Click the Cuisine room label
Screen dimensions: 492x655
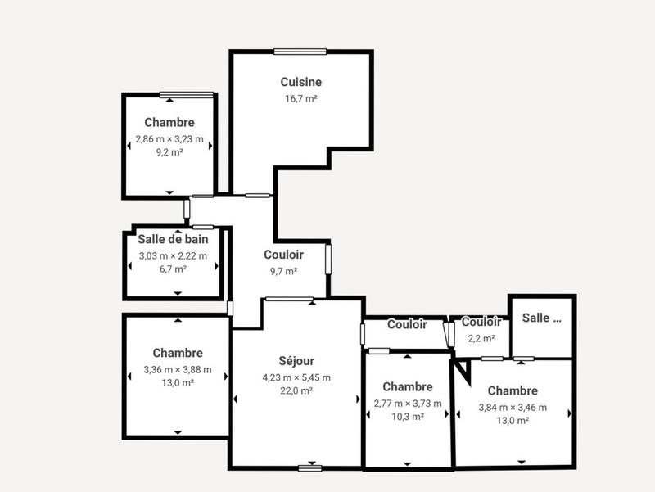[300, 82]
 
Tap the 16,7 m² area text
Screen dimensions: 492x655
[300, 98]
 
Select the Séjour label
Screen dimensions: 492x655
[296, 361]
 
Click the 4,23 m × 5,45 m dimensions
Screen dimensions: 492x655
[296, 377]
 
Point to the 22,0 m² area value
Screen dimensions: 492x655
[296, 391]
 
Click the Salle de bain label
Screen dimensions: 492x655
[173, 240]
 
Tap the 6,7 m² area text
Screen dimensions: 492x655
[173, 269]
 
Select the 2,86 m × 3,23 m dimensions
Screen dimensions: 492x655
[169, 139]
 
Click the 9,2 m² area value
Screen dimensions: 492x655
[169, 152]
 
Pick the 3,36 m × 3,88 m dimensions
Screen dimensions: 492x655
[178, 369]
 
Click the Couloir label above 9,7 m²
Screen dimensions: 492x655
[284, 255]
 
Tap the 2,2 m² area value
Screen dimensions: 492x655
[481, 338]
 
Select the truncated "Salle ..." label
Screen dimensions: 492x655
[542, 318]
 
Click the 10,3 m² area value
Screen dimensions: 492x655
[407, 417]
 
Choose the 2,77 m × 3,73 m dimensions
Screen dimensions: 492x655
[407, 403]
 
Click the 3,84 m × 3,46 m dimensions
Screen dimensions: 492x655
[513, 408]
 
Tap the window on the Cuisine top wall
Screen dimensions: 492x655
[300, 52]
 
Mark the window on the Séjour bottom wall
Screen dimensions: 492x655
[309, 467]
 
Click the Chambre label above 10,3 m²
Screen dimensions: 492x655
[407, 386]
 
